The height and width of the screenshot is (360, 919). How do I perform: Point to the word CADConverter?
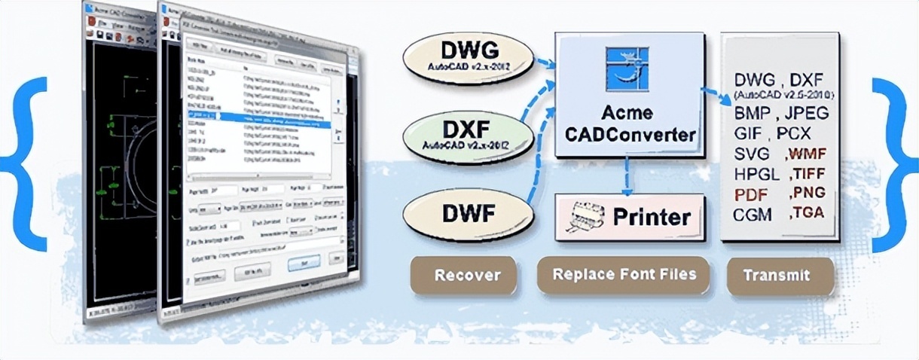click(x=630, y=136)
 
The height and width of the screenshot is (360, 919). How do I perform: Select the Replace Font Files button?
click(x=624, y=274)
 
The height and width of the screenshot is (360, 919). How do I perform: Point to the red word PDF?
click(x=751, y=194)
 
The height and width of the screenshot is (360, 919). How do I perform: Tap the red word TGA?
click(x=806, y=213)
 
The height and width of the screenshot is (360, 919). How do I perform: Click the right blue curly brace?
click(x=893, y=163)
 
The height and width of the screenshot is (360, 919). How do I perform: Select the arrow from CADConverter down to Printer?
click(x=625, y=175)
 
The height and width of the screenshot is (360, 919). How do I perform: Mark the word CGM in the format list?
click(x=753, y=215)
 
